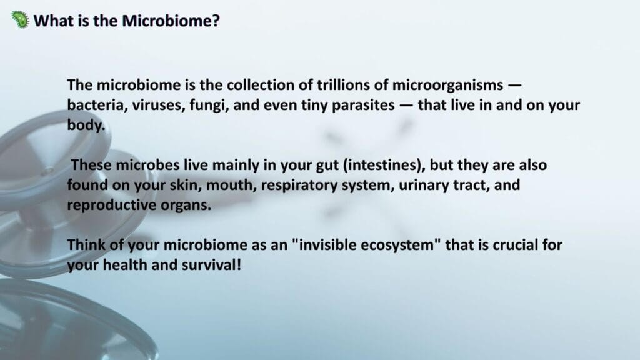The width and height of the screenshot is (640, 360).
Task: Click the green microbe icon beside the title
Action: (21, 19)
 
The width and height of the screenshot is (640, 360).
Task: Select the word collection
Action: (261, 85)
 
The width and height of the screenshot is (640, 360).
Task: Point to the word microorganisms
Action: (447, 85)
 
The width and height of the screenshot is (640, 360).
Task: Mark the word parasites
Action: (363, 105)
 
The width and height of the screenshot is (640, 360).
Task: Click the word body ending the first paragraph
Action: (84, 125)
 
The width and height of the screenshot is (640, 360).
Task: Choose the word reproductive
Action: (111, 205)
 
